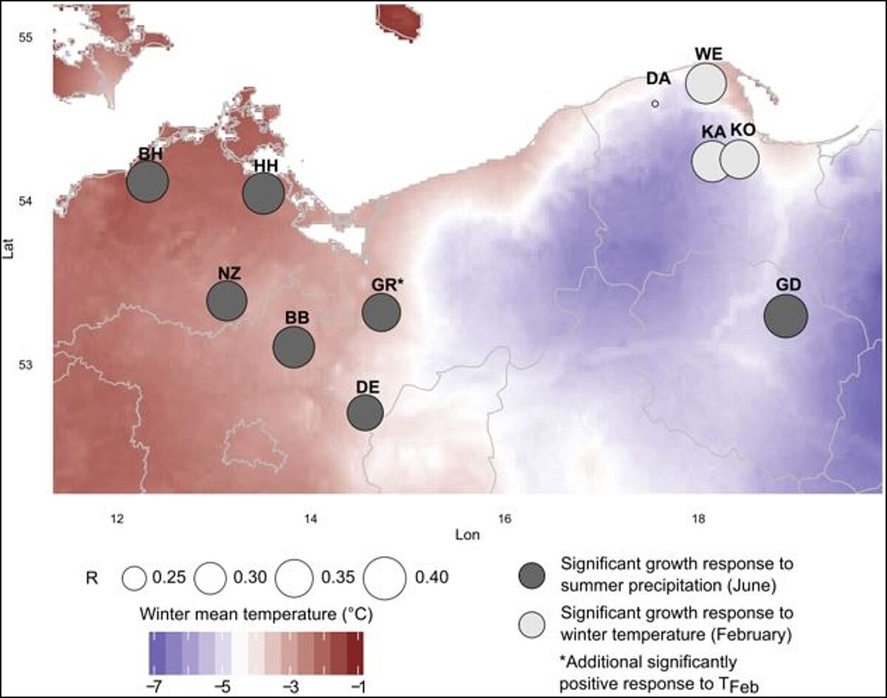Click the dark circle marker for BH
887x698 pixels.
(148, 182)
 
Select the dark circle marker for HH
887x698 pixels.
(264, 194)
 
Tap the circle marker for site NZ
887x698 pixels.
(226, 301)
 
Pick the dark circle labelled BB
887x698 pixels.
(294, 347)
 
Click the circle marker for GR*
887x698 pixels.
(381, 312)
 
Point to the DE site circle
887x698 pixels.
(365, 413)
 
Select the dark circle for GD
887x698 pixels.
(786, 316)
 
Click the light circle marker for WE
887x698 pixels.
(706, 84)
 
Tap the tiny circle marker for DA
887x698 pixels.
(655, 104)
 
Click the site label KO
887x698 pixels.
(742, 129)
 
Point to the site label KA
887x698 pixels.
(713, 131)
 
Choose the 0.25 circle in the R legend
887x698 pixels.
(135, 578)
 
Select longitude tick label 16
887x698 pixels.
(504, 517)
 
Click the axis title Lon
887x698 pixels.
(469, 534)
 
